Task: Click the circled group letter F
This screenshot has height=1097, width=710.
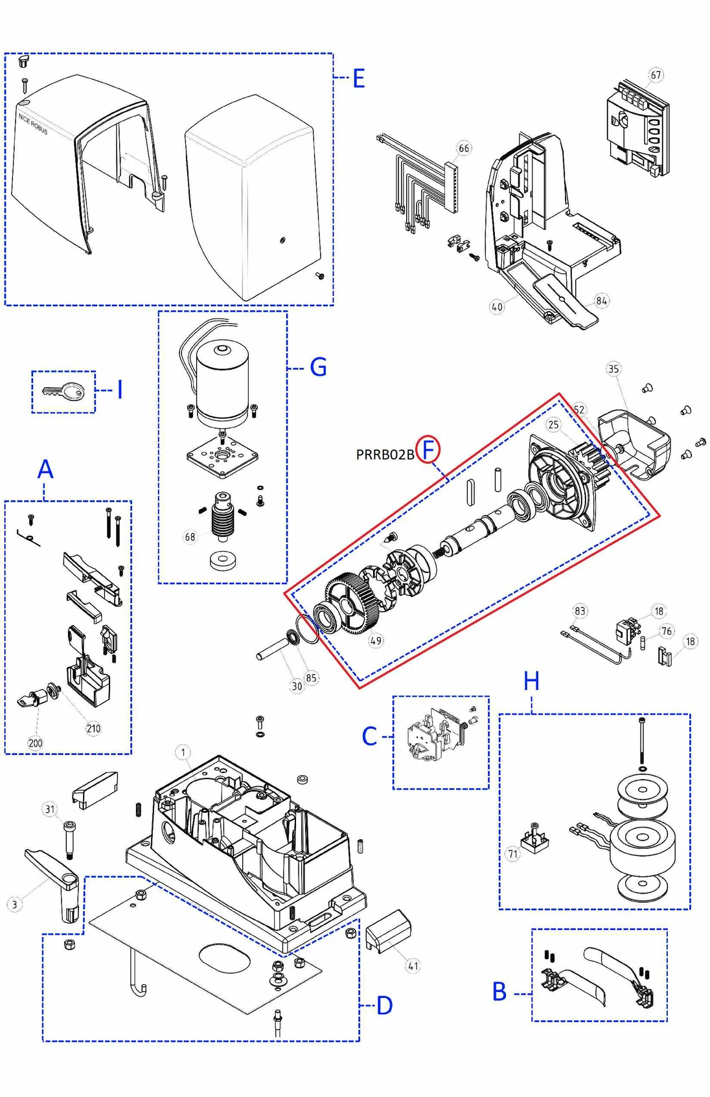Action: point(428,449)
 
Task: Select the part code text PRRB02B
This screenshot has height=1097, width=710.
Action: point(385,455)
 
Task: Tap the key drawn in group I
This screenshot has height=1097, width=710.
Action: point(64,391)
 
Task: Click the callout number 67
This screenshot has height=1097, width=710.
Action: point(656,75)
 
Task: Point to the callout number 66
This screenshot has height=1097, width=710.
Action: point(464,148)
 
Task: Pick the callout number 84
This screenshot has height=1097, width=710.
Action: point(601,300)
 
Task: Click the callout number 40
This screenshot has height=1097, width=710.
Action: point(497,307)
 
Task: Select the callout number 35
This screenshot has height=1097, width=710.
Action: point(613,369)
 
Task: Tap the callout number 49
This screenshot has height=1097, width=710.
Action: point(376,640)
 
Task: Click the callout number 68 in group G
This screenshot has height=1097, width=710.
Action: point(190,537)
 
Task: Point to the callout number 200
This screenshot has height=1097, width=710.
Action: point(35,743)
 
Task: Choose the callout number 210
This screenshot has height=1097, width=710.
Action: point(93,729)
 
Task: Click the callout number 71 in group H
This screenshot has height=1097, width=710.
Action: point(513,854)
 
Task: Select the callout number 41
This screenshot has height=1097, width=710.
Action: point(413,966)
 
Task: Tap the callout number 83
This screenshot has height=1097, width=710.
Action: point(580,611)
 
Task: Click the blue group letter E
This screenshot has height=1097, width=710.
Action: point(358,79)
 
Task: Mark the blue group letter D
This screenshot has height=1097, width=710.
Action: point(384,1005)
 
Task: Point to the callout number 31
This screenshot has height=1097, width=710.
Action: point(51,809)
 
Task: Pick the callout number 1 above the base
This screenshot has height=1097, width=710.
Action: point(183,752)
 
